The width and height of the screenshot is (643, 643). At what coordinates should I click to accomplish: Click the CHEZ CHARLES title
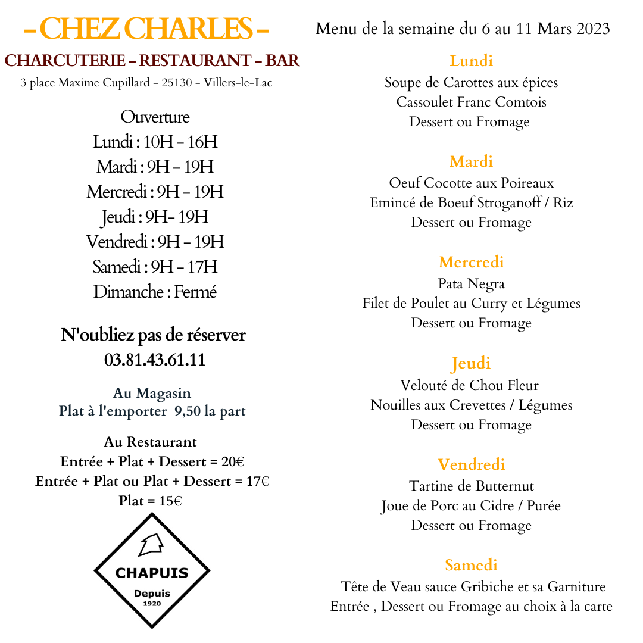[x=146, y=29]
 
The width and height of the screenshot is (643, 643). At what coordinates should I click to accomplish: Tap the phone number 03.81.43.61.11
[x=155, y=360]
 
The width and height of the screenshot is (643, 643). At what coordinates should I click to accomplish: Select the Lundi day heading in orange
[x=471, y=61]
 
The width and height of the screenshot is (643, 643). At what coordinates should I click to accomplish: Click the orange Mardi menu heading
[x=471, y=161]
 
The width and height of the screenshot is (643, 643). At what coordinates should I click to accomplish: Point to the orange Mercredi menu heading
[x=471, y=262]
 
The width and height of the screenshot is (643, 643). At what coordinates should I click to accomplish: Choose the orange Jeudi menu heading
[x=471, y=363]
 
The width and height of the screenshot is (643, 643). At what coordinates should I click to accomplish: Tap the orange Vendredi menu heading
[x=471, y=464]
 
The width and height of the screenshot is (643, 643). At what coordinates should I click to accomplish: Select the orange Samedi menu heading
[x=471, y=565]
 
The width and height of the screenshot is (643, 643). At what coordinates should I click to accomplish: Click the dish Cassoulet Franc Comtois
[x=471, y=102]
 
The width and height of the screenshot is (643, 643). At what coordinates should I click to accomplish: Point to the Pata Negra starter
[x=471, y=283]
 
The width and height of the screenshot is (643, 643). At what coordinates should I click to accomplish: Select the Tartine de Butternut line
[x=471, y=486]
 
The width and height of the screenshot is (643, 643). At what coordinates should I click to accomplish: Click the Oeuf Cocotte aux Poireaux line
[x=471, y=183]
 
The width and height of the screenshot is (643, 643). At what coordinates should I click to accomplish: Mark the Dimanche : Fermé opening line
[x=155, y=292]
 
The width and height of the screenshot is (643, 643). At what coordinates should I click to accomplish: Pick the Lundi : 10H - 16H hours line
[x=155, y=142]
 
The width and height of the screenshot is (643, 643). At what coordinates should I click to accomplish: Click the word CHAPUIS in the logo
[x=152, y=573]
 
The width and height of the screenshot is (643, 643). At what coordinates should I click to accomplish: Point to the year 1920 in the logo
[x=152, y=604]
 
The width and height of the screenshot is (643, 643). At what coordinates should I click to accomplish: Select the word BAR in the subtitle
[x=282, y=61]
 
